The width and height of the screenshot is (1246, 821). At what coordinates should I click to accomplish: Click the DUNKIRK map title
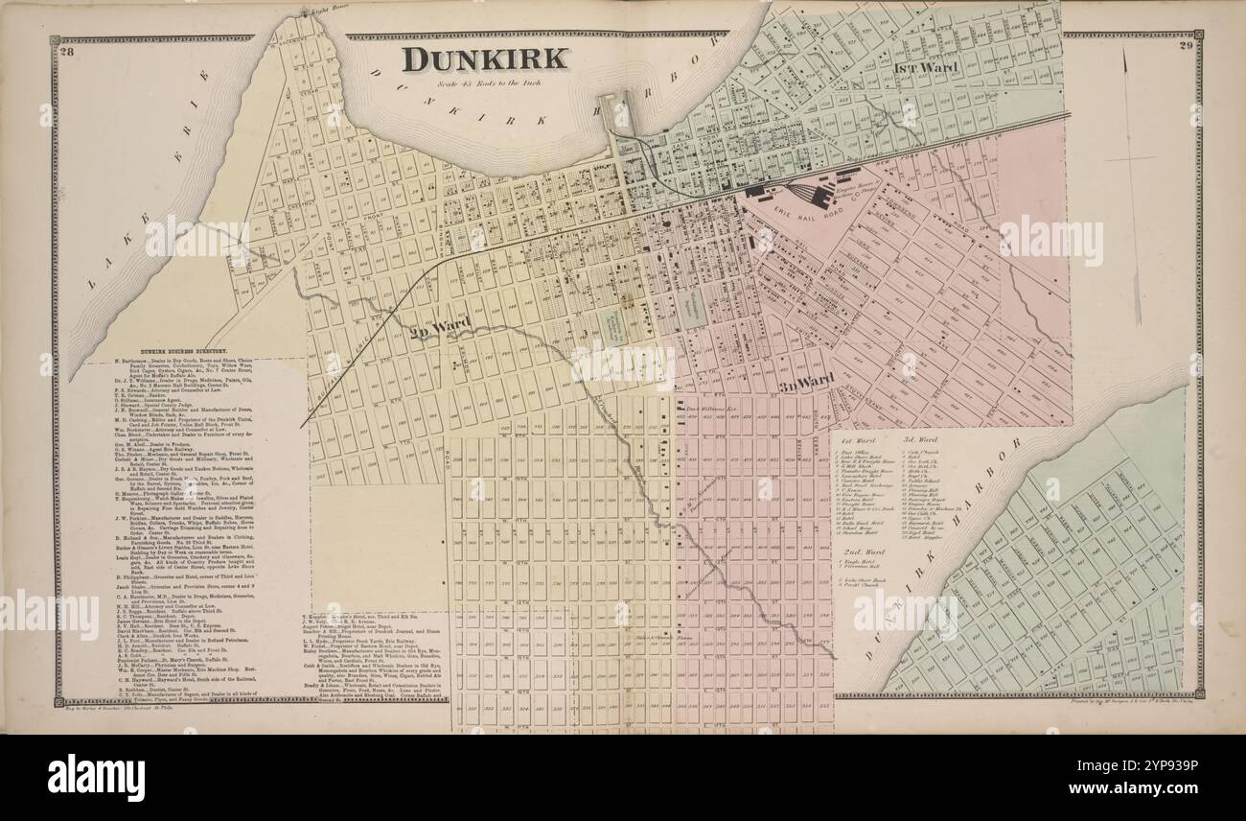tap(484, 59)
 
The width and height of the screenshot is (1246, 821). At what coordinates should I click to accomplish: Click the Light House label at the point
tap(312, 13)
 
